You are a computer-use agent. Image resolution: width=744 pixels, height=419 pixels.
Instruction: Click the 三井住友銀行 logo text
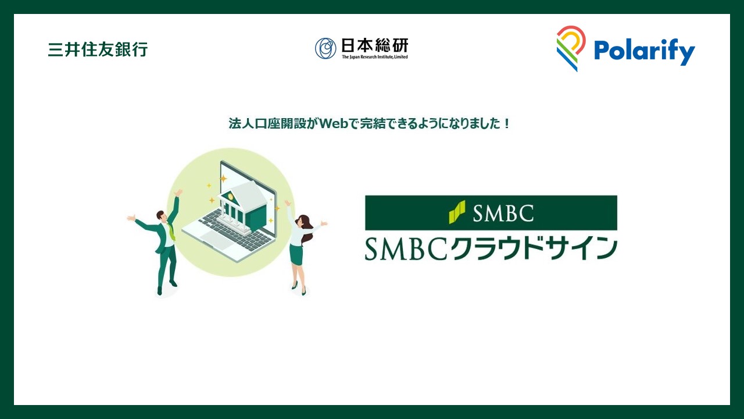point(98,49)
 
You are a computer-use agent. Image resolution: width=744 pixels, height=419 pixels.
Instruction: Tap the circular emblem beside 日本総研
point(325,48)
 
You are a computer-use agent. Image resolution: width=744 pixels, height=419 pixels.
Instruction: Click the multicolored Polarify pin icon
point(570,48)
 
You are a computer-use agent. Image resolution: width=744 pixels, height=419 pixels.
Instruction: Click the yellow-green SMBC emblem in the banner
point(457,212)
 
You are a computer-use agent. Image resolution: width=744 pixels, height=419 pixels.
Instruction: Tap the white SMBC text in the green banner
point(503,213)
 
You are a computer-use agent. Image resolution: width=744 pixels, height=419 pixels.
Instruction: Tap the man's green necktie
point(171,232)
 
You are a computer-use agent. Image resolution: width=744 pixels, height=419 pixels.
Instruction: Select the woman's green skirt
point(296,254)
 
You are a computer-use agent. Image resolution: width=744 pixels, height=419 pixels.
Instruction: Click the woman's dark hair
point(306,223)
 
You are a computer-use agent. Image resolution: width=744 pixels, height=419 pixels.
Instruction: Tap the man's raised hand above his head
point(179,192)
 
